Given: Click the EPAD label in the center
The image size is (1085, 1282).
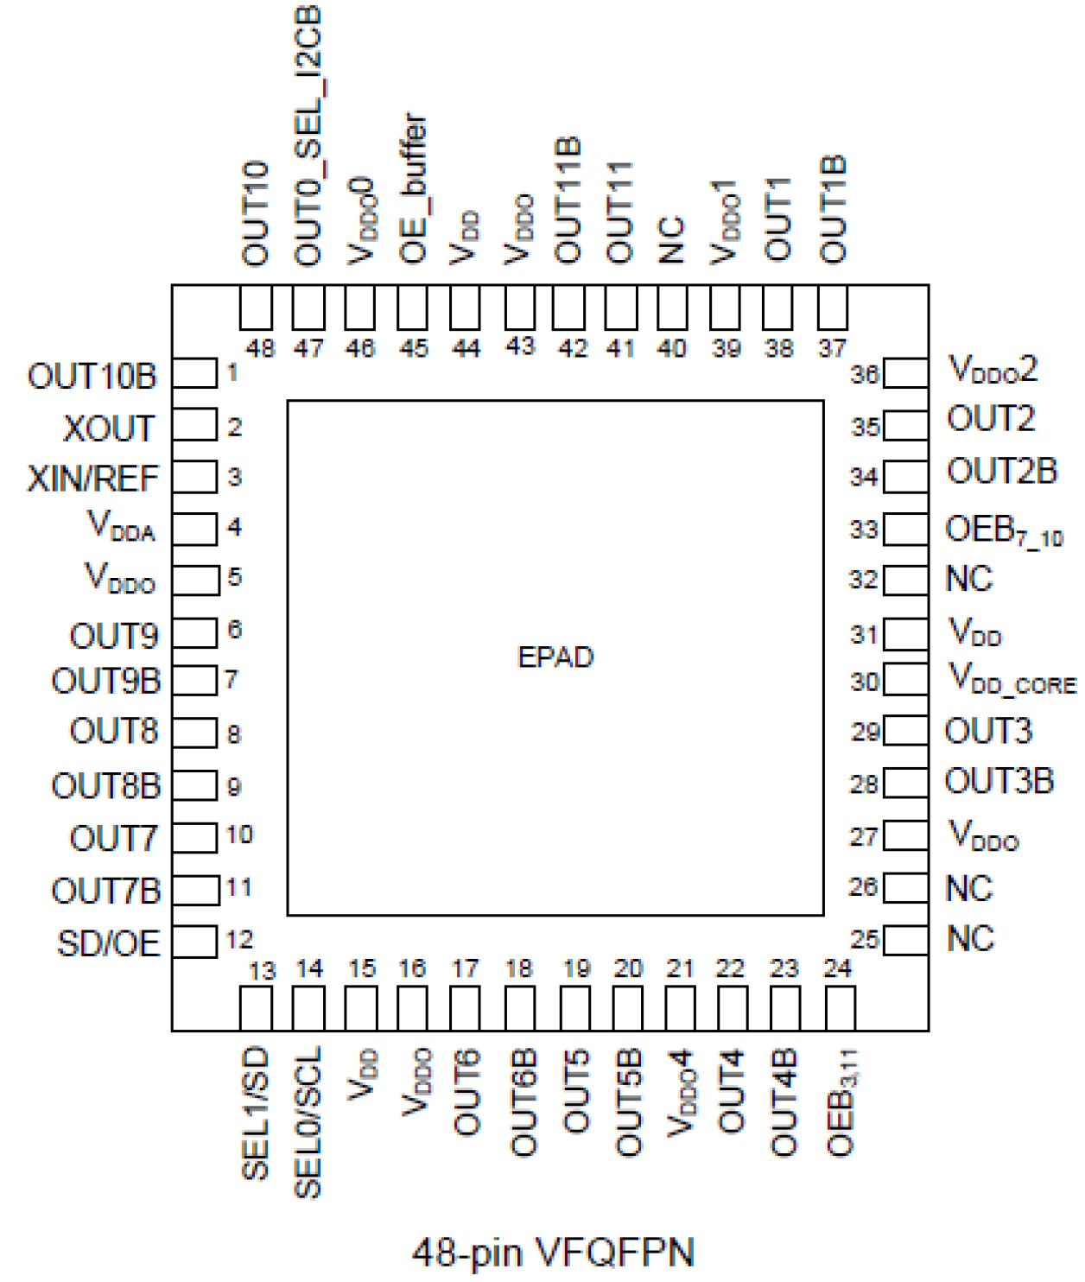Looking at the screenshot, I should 555,657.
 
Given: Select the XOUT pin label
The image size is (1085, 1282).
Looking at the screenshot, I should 109,428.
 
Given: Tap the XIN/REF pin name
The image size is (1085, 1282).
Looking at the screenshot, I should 93,479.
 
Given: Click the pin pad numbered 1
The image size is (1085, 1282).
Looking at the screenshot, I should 194,374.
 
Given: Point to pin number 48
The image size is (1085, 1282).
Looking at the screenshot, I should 260,349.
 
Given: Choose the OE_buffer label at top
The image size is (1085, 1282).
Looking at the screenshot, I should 413,188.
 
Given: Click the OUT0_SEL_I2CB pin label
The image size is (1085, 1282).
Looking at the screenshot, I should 308,136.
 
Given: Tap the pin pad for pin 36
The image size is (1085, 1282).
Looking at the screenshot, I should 906,374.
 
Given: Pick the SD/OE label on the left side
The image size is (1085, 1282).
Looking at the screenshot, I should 109,943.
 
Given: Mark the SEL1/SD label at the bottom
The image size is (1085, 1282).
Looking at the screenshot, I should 257,1114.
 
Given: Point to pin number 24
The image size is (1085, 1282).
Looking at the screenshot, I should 838,968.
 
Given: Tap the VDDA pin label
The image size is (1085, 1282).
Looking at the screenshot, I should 122,526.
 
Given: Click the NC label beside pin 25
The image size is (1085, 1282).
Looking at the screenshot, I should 970,938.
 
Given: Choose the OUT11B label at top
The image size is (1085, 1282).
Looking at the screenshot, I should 568,200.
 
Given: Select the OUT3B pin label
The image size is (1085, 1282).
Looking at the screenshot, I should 999,782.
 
